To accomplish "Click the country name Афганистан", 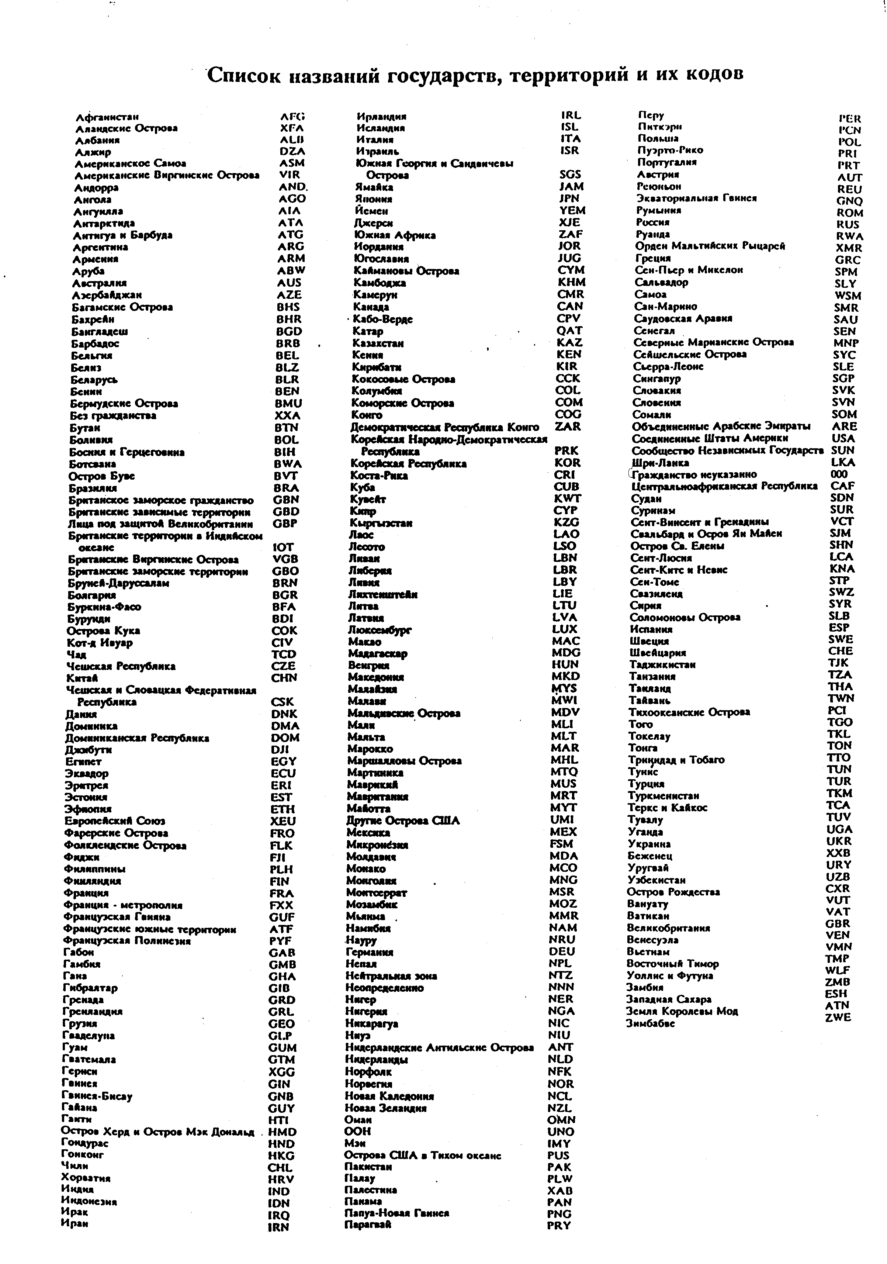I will click(107, 117).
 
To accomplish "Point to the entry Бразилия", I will click(93, 488).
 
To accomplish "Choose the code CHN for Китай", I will click(284, 678).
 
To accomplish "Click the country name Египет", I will click(83, 761).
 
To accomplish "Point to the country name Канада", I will click(371, 307).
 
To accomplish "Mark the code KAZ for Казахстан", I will click(569, 342).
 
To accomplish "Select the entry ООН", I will click(358, 1131).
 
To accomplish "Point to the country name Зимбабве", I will click(650, 1023).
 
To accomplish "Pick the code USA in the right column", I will click(843, 438).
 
